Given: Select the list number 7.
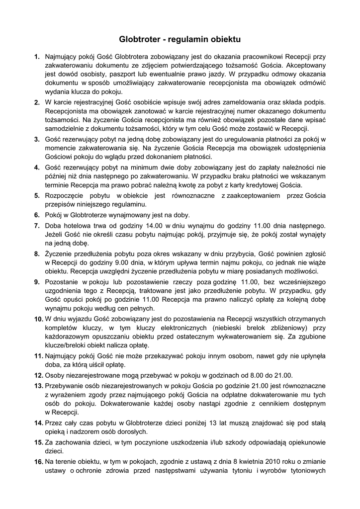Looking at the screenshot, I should (x=37, y=226).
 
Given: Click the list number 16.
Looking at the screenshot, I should (x=38, y=462).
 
